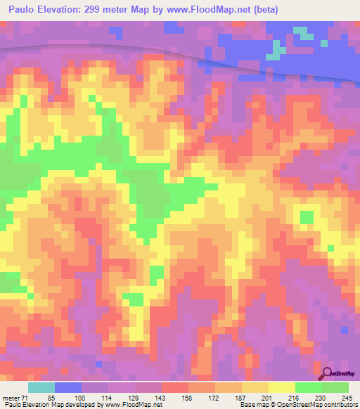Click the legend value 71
pos(24,398)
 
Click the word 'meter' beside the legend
pos(10,398)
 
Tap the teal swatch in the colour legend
pos(41,387)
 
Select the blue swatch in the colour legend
pos(68,387)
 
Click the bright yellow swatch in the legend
pos(282,387)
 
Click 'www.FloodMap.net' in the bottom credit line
pos(133,405)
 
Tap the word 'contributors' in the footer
pos(338,405)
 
